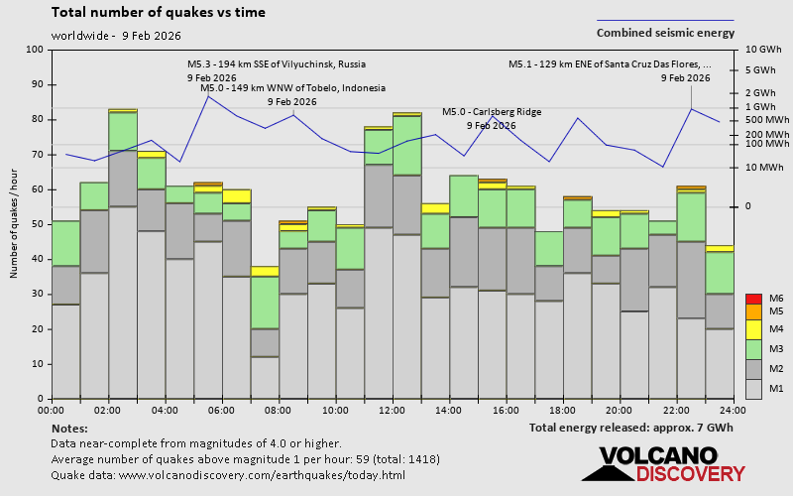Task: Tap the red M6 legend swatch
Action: click(752, 299)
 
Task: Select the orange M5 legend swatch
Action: click(752, 312)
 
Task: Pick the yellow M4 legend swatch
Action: click(752, 328)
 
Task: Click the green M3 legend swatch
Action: click(752, 349)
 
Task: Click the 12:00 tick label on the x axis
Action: click(392, 410)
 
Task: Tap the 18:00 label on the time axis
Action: click(562, 410)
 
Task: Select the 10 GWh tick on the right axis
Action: click(763, 50)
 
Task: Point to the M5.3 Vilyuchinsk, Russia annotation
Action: click(269, 64)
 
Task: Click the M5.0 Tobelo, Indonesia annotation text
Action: click(292, 88)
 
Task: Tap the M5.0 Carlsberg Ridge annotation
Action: click(492, 112)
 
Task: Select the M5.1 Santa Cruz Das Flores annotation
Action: click(610, 64)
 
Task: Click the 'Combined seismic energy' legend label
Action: click(665, 33)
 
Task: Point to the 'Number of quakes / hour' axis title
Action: click(15, 224)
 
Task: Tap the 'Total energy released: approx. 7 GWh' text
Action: click(631, 428)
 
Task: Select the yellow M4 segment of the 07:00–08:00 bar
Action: click(264, 271)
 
